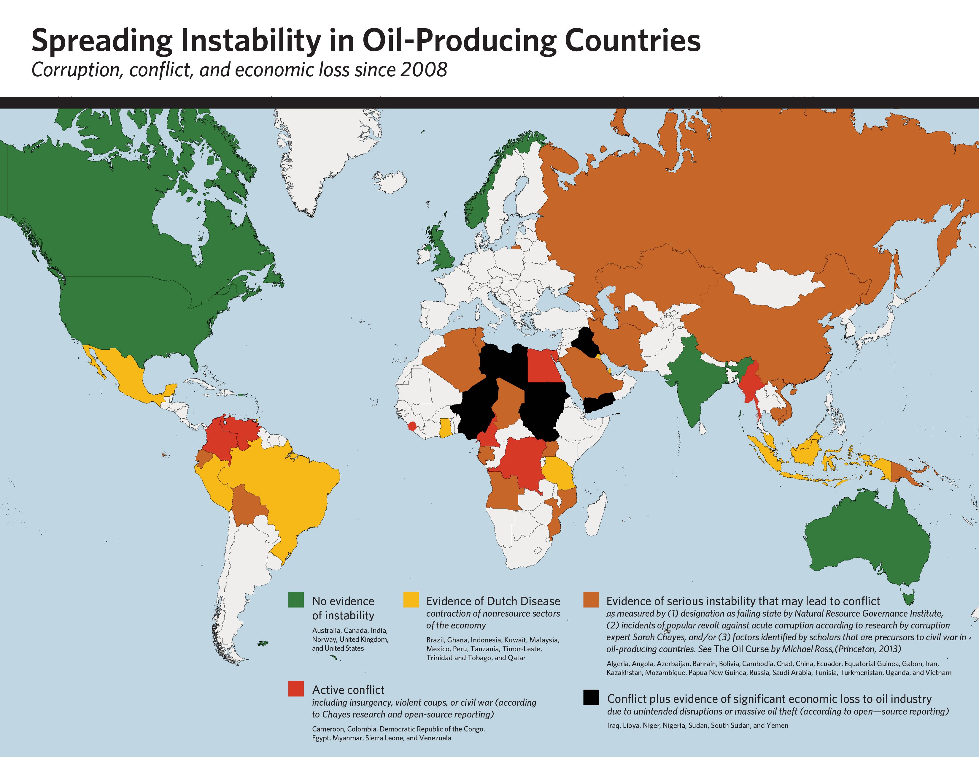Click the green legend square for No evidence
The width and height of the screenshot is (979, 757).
pos(296,600)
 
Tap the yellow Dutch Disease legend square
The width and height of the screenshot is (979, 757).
pos(411,600)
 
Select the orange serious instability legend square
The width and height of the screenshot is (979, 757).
pos(591,600)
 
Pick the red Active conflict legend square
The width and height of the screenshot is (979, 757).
pos(296,688)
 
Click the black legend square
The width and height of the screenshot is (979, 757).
pos(591,697)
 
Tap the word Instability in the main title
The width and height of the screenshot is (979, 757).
pos(251,41)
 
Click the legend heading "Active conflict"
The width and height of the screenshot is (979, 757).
pos(348,690)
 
